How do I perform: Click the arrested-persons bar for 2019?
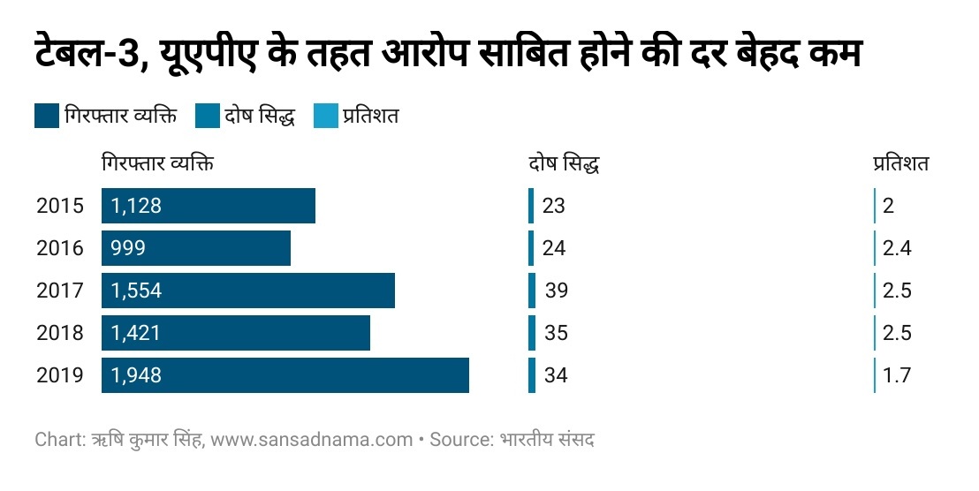[285, 375]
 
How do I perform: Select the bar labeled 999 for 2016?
[195, 248]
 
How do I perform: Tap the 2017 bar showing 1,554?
[247, 291]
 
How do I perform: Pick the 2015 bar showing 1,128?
[208, 206]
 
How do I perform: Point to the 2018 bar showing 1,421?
[235, 333]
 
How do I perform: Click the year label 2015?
[60, 206]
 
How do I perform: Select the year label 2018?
[60, 333]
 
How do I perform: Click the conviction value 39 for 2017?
[556, 291]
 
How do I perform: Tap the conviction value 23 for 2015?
[553, 206]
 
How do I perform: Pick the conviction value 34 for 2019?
[555, 375]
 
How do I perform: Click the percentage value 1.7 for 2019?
[896, 375]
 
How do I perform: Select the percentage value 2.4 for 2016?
[896, 248]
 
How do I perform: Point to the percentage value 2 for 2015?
[888, 206]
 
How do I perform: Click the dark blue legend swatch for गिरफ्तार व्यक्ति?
[47, 117]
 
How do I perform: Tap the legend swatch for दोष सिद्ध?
[207, 117]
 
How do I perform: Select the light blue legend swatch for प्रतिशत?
[326, 117]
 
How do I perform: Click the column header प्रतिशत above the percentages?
[900, 163]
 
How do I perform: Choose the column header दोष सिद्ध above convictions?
[565, 164]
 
